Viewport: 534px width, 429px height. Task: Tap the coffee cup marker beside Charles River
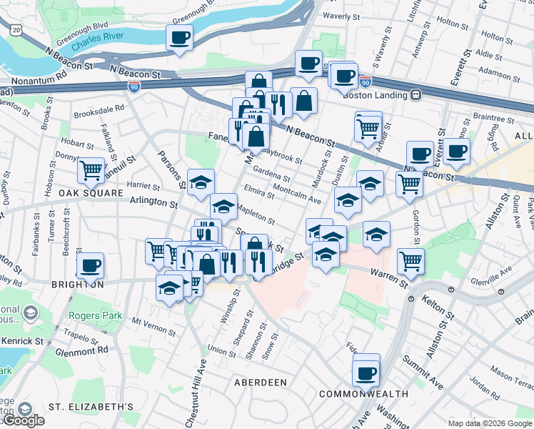[x=180, y=36]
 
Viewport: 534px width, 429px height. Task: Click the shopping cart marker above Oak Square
[x=91, y=170]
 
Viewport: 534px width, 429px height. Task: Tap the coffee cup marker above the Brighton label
[x=91, y=266]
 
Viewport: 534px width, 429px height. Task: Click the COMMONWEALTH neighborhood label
[x=363, y=394]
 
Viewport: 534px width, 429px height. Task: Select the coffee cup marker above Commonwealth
[x=366, y=372]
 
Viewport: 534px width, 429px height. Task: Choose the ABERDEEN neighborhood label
[x=261, y=383]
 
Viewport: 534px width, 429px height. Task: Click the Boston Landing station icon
[x=415, y=94]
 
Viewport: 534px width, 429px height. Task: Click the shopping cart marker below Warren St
[x=410, y=260]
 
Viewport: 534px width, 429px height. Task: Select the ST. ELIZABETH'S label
[x=91, y=407]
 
